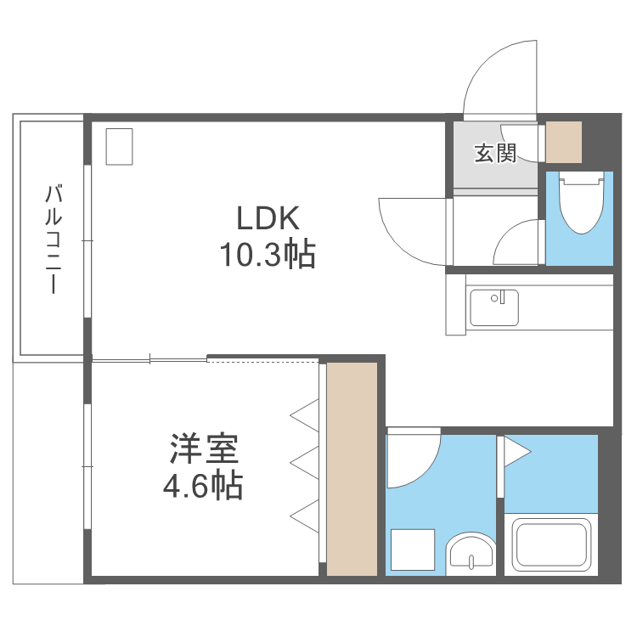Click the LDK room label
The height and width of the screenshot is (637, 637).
click(x=268, y=219)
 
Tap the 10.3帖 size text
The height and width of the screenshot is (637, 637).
click(x=268, y=254)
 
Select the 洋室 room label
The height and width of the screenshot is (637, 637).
click(x=203, y=448)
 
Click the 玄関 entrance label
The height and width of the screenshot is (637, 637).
click(x=495, y=154)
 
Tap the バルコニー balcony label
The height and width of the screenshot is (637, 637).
click(x=54, y=238)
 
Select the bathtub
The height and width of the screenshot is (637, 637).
click(x=552, y=547)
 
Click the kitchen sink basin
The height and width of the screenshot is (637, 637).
click(x=494, y=307)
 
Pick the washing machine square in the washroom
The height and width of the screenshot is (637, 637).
click(x=412, y=551)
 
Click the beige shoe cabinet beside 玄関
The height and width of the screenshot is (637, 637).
click(x=563, y=142)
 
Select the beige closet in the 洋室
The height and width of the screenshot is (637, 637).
click(x=352, y=469)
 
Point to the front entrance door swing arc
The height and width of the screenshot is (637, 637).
click(x=497, y=76)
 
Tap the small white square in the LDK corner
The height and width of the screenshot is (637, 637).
click(x=120, y=146)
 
